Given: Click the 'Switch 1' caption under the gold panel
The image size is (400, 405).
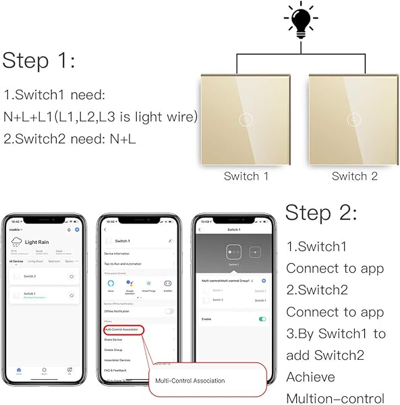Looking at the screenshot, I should pos(246,176).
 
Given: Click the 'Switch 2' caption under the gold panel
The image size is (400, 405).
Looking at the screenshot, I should pos(355,176).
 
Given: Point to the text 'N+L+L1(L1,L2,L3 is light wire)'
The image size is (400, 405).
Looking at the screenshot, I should pos(101,117).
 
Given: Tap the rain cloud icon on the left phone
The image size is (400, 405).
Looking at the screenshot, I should pos(17,242).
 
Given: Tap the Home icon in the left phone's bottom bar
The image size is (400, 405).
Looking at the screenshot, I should pos(19,370).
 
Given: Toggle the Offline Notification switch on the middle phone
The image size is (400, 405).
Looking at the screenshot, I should pos(169,311).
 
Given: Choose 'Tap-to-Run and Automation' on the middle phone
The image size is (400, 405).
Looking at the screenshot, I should pos(124,264).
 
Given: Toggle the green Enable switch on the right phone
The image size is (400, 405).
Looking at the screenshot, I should pos(262,318).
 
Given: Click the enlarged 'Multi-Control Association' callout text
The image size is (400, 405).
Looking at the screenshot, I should pos(190,381).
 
